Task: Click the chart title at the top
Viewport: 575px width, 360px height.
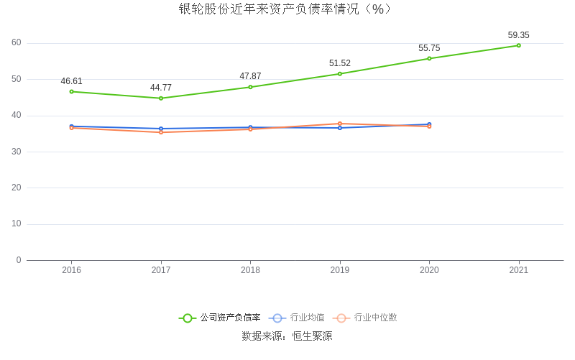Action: click(287, 9)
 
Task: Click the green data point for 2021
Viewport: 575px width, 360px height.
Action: click(518, 45)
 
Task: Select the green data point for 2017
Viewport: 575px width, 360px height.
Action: click(161, 98)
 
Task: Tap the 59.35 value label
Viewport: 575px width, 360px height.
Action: click(518, 35)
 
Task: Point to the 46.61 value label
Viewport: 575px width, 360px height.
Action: click(71, 81)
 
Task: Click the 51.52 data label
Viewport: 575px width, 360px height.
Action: click(340, 63)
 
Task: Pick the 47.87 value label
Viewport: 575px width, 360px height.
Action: click(250, 76)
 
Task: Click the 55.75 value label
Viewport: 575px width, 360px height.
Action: click(429, 48)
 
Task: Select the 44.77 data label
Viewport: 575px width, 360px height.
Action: click(161, 88)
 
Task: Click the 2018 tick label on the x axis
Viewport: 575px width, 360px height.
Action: click(250, 270)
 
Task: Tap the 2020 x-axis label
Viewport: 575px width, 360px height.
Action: click(429, 270)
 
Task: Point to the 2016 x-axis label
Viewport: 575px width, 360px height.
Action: click(71, 270)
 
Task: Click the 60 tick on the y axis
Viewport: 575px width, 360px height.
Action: click(17, 42)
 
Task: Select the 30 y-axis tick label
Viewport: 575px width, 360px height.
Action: click(17, 152)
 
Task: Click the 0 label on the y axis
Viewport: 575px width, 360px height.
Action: click(19, 260)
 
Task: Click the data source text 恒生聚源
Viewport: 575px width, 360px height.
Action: click(312, 336)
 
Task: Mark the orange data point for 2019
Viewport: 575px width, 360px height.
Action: click(340, 124)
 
